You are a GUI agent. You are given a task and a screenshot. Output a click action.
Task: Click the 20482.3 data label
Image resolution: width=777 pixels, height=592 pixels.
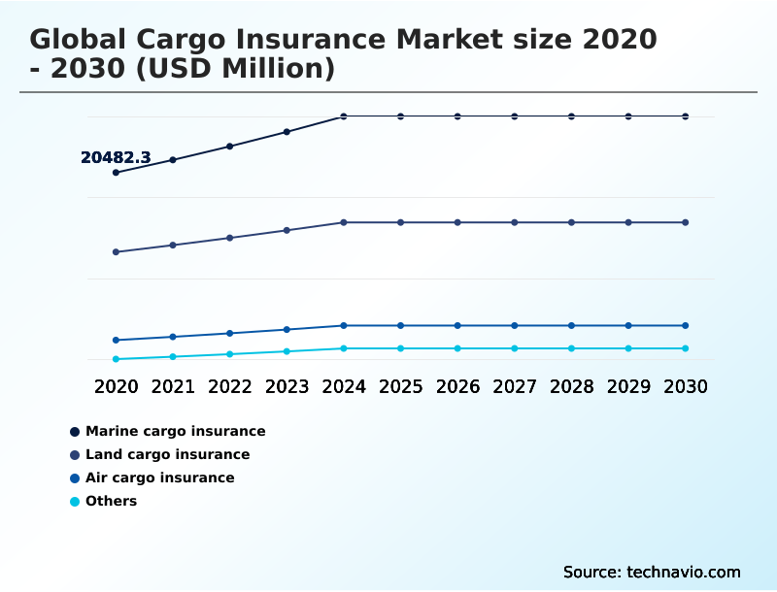click(x=116, y=157)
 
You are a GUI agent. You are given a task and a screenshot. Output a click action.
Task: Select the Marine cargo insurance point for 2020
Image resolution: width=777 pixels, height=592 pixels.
click(x=117, y=173)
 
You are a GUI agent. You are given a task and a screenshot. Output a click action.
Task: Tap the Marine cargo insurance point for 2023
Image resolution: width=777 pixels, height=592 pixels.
click(x=287, y=132)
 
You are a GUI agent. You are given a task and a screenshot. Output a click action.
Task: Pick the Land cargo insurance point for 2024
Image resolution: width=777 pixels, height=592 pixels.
click(x=344, y=222)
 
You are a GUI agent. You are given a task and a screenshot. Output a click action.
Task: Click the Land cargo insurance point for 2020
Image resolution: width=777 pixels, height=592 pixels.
click(x=117, y=252)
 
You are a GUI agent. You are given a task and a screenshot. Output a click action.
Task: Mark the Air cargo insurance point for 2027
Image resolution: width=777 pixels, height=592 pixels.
click(x=515, y=325)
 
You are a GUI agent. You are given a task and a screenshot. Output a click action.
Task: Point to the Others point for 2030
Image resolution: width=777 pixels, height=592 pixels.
click(x=686, y=348)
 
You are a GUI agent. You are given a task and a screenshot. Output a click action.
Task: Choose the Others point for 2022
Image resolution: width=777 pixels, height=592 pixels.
click(x=230, y=354)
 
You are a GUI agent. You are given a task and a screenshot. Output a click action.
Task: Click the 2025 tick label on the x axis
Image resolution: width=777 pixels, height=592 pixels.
click(x=400, y=386)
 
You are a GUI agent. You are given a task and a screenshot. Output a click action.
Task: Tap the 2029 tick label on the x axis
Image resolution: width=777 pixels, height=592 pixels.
click(x=628, y=386)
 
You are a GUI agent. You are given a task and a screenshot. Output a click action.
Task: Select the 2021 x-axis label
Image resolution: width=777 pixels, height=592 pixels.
click(x=173, y=386)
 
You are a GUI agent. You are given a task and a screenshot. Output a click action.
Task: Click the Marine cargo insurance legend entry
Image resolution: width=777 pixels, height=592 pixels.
click(x=175, y=431)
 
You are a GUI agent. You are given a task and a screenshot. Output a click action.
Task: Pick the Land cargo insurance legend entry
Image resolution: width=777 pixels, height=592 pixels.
click(x=167, y=454)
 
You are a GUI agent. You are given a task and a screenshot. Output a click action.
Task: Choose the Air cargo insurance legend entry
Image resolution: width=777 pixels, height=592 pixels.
click(x=159, y=477)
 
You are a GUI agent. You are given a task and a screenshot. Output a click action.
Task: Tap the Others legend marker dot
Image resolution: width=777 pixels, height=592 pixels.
click(x=75, y=502)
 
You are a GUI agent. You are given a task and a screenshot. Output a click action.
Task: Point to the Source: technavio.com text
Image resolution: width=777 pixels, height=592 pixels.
click(x=652, y=572)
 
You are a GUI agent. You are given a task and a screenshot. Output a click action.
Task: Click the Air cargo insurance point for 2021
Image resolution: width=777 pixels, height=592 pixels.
click(x=173, y=337)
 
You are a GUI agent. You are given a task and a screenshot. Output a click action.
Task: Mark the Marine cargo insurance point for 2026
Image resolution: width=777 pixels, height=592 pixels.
click(x=457, y=116)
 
